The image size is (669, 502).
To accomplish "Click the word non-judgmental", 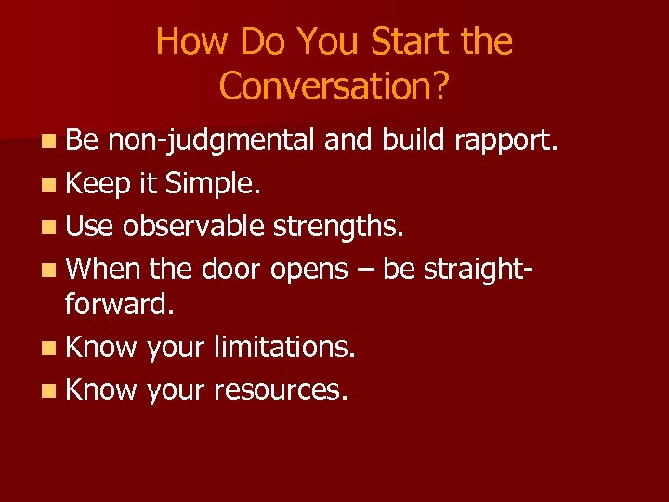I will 212,141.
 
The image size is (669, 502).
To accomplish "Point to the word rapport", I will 506,139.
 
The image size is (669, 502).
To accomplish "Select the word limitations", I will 285,348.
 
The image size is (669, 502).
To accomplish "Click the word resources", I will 281,390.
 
